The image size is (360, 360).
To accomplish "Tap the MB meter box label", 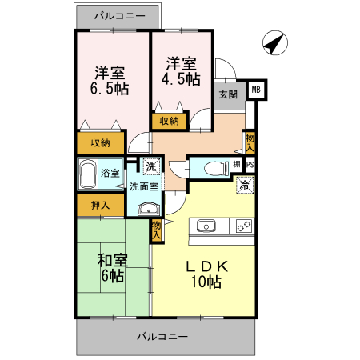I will click(256, 90).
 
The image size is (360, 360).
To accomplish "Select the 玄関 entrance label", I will click(226, 94).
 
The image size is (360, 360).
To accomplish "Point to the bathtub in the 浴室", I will click(89, 172).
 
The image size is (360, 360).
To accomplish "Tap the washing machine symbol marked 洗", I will click(149, 166).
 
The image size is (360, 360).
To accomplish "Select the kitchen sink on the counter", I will click(206, 226).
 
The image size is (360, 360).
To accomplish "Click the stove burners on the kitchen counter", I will click(242, 226).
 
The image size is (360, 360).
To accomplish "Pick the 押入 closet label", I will click(100, 206).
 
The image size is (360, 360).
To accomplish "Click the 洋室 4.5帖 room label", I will click(182, 72).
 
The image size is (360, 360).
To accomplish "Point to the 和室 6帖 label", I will click(112, 268).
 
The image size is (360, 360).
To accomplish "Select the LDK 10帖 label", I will click(206, 273).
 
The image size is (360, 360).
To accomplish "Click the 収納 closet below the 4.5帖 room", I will click(169, 121).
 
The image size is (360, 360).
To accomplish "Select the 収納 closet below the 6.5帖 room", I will click(101, 143).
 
